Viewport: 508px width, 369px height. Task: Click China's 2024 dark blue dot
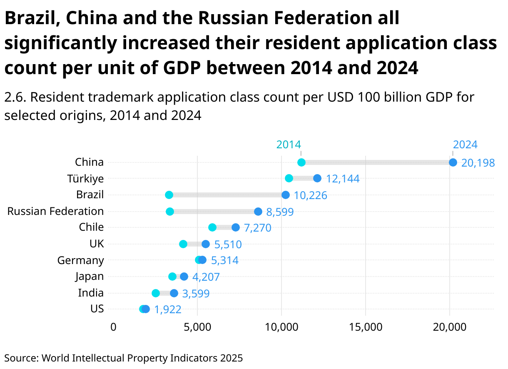point(453,162)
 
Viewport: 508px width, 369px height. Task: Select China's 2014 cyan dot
point(301,162)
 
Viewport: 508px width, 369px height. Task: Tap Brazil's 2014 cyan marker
point(169,195)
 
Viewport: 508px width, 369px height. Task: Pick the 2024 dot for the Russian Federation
point(258,212)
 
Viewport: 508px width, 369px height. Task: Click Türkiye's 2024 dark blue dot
point(317,178)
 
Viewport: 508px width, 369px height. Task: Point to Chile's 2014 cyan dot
point(212,227)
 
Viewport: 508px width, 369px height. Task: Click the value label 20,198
point(478,163)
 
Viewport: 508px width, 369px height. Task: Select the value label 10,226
point(311,195)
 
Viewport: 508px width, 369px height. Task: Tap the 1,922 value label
point(168,309)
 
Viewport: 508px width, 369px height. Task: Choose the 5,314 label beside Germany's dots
point(225,261)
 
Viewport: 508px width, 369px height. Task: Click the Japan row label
point(90,276)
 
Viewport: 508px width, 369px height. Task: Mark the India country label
point(91,293)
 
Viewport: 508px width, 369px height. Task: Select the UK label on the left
point(97,244)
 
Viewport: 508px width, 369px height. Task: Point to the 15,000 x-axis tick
point(366,327)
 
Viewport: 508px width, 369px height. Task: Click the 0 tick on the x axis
point(113,327)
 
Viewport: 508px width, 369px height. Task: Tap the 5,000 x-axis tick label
point(197,327)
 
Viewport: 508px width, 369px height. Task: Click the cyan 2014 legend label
point(289,145)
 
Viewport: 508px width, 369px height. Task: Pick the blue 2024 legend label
point(465,145)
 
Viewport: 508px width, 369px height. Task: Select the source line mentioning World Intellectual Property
point(123,358)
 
